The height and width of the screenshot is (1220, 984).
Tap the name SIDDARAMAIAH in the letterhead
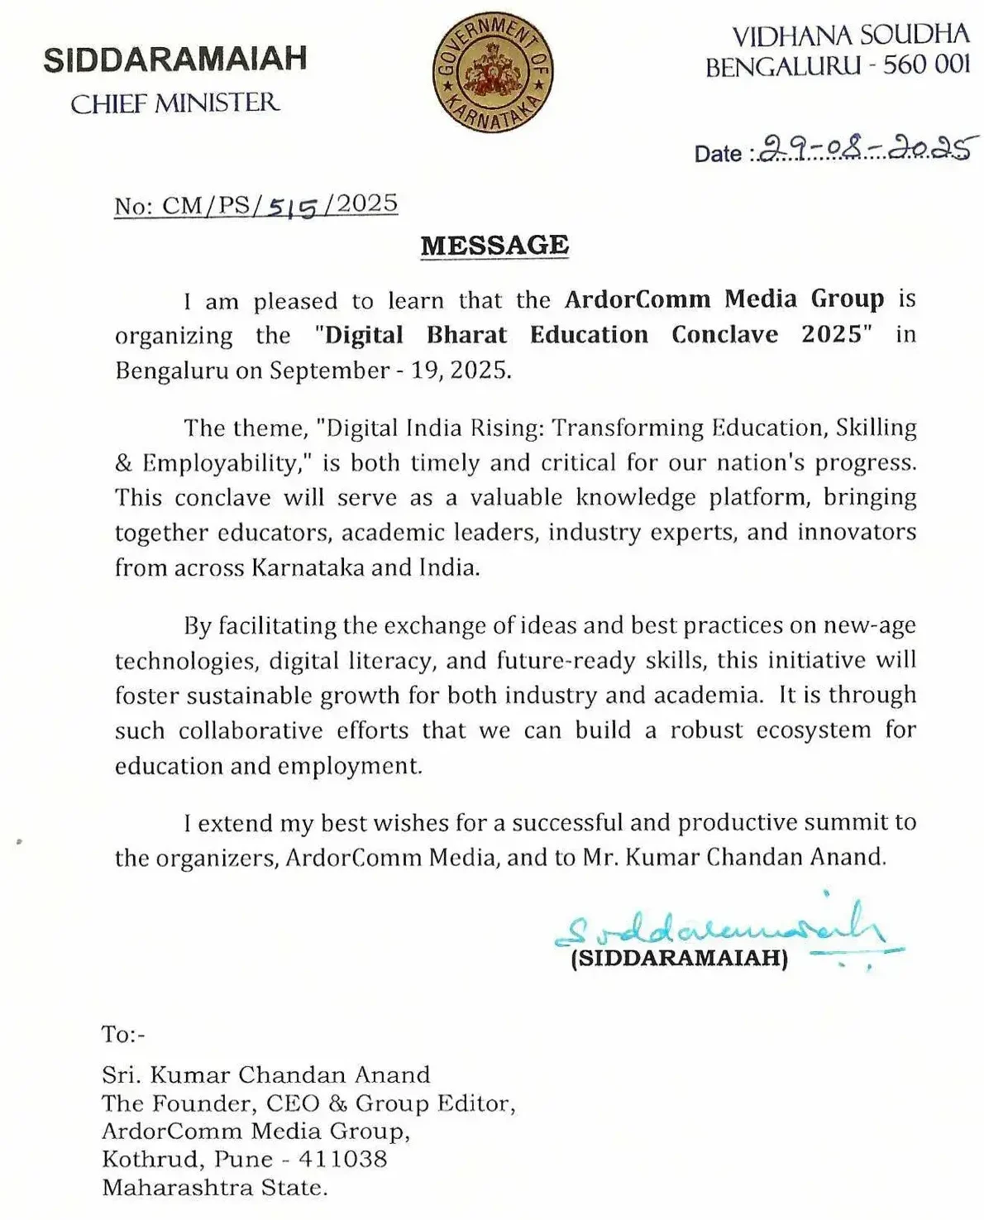click(x=174, y=60)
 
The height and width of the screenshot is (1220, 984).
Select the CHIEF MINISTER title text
click(x=174, y=103)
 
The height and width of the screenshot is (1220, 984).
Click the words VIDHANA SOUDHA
click(x=850, y=36)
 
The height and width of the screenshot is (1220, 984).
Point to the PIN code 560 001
click(x=926, y=65)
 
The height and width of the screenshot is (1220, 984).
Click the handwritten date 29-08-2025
click(x=864, y=148)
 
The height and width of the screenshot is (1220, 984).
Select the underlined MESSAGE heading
click(x=494, y=246)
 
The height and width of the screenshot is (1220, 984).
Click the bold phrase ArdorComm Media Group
click(x=724, y=299)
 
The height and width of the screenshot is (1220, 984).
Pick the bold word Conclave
click(x=724, y=334)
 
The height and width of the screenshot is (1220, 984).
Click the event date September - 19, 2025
click(x=388, y=370)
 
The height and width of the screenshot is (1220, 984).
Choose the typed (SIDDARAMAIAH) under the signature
click(x=679, y=959)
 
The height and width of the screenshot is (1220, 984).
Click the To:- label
click(x=123, y=1034)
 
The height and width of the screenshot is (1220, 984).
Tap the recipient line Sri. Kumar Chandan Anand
click(x=265, y=1074)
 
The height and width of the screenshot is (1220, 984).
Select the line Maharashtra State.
click(x=215, y=1188)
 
